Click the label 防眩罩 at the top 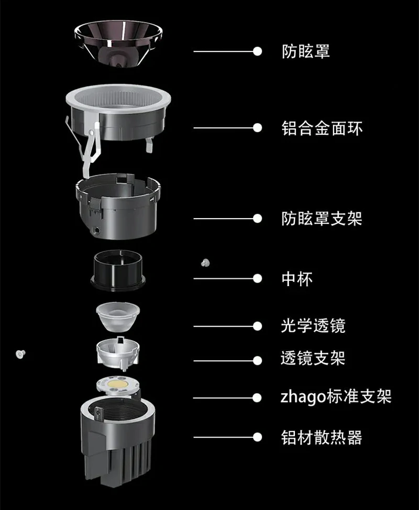(305, 51)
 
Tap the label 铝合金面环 (322, 128)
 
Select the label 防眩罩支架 (322, 219)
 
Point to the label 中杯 (297, 279)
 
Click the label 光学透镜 (313, 326)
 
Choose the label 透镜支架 (313, 358)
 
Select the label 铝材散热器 (322, 437)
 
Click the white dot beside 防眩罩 (258, 51)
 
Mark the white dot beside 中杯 (258, 278)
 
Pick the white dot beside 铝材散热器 (258, 437)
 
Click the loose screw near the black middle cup (205, 263)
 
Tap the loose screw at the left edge (20, 354)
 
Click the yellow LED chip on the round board (118, 384)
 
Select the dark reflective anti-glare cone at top (118, 44)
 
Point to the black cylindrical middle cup (118, 270)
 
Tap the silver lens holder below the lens (118, 354)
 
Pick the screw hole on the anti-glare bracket (96, 230)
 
